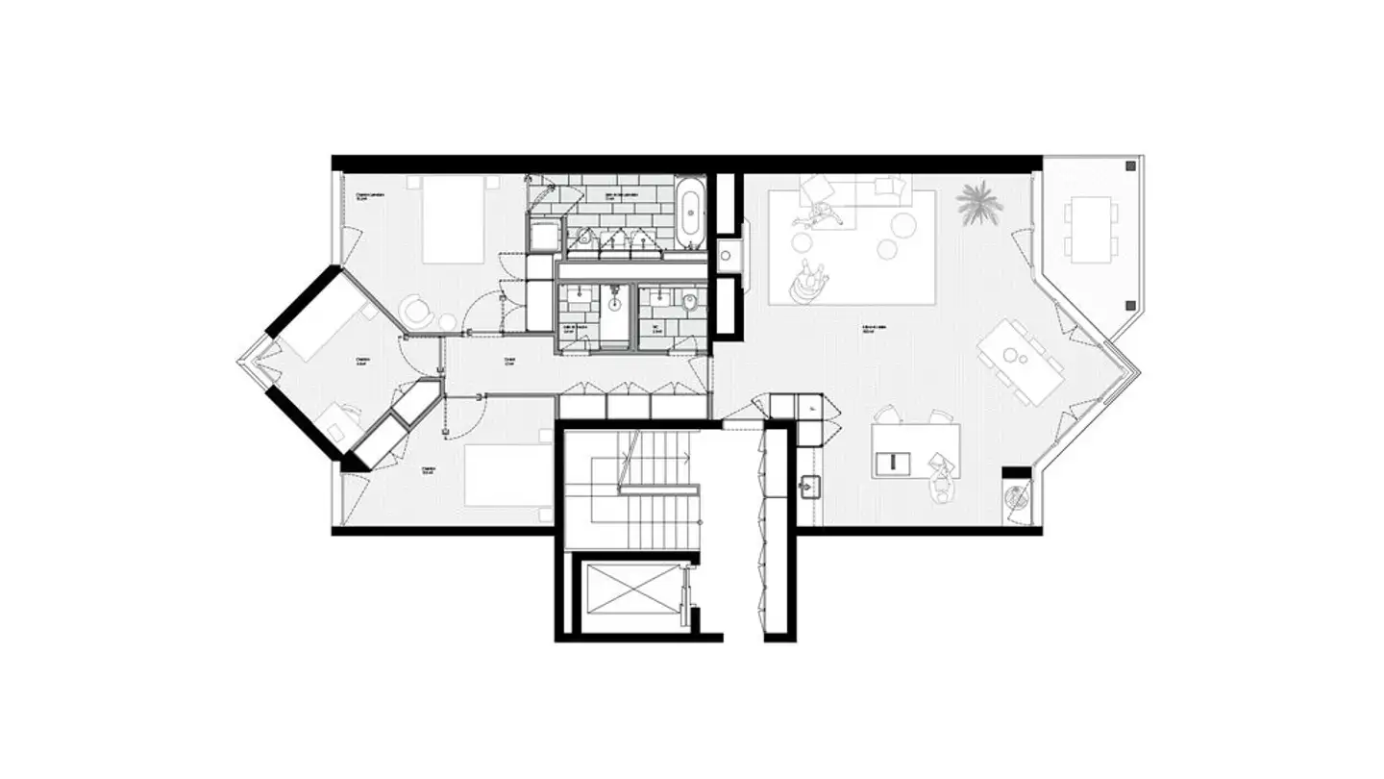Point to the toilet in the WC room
tap(688, 306)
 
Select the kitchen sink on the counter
tap(809, 485)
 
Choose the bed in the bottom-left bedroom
tap(507, 475)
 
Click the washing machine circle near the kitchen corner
tap(1015, 498)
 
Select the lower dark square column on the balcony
tap(1130, 306)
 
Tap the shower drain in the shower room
tap(613, 304)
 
